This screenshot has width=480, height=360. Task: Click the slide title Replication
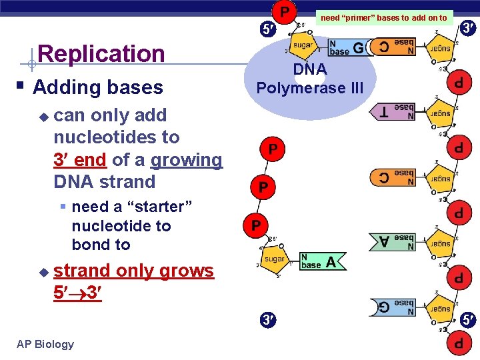101,54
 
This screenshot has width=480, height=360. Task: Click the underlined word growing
186,160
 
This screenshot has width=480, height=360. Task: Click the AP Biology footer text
45,344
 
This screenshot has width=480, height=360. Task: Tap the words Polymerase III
310,88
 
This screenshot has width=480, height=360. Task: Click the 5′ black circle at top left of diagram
266,29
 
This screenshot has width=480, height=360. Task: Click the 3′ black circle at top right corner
467,28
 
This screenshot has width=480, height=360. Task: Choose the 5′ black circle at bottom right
468,320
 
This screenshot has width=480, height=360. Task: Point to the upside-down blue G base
392,307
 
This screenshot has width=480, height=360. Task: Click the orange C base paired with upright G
393,47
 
